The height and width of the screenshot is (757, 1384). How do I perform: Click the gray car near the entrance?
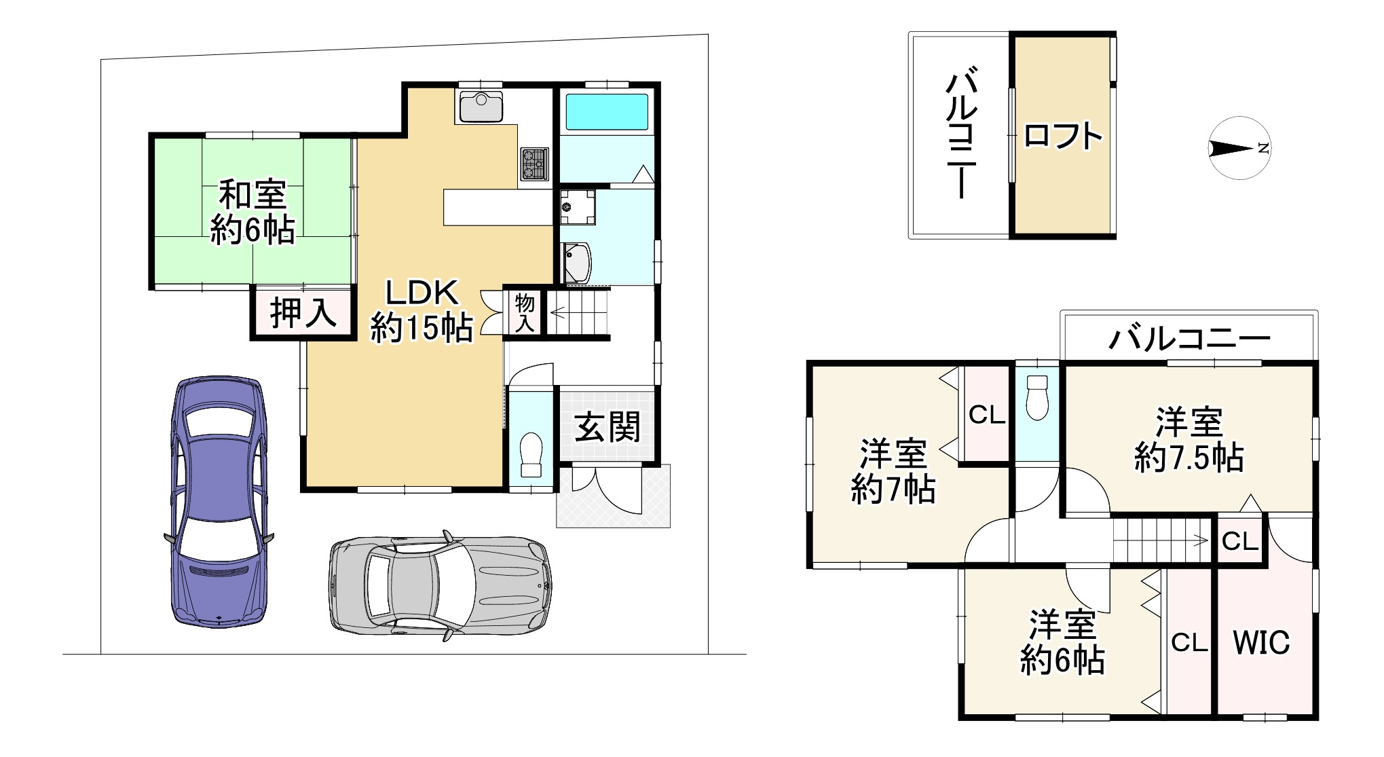pyautogui.click(x=440, y=585)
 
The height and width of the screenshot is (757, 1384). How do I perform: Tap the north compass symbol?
pyautogui.click(x=1239, y=148)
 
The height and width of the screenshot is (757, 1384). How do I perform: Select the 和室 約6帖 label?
pyautogui.click(x=252, y=213)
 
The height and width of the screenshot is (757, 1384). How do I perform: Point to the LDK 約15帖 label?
pyautogui.click(x=422, y=311)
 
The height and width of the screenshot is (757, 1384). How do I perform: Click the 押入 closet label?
pyautogui.click(x=303, y=313)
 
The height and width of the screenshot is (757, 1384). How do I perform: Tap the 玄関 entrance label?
pyautogui.click(x=607, y=428)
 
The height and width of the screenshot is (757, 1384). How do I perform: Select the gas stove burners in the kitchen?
pyautogui.click(x=534, y=164)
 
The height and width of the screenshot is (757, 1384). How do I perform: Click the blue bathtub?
pyautogui.click(x=607, y=112)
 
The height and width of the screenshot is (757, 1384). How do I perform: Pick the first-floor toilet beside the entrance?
pyautogui.click(x=531, y=456)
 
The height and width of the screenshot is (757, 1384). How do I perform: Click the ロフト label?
pyautogui.click(x=1062, y=136)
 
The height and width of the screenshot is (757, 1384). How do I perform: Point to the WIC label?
pyautogui.click(x=1261, y=642)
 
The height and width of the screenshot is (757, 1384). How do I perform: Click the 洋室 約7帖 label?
pyautogui.click(x=893, y=471)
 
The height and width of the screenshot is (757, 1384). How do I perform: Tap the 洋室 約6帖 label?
pyautogui.click(x=1062, y=642)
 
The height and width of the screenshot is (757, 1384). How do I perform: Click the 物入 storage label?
pyautogui.click(x=525, y=313)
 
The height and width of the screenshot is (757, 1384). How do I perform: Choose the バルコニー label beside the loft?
pyautogui.click(x=961, y=133)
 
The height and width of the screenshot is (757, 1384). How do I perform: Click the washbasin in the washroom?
pyautogui.click(x=578, y=262)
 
